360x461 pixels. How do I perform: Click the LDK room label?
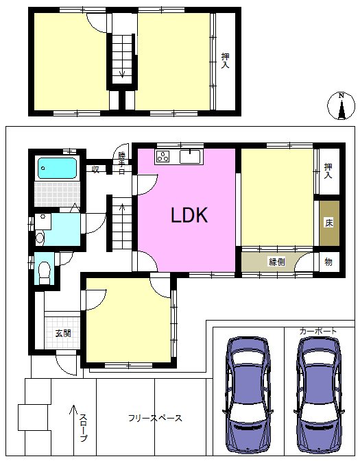pos(189,215)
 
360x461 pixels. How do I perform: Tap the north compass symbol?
pos(341,106)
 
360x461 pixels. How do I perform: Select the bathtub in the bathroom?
pos(57,169)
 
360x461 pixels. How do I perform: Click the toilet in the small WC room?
pos(45,272)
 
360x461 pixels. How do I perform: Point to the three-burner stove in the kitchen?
pos(163,156)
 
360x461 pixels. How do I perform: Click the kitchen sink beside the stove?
pos(190,156)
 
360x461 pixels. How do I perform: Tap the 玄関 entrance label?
pos(63,334)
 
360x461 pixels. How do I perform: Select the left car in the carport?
pos(248,395)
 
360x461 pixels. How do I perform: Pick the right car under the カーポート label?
pos(319,395)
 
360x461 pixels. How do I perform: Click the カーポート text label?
pos(318,332)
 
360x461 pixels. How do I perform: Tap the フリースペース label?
pos(155,418)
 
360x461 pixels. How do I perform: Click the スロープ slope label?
pos(84,427)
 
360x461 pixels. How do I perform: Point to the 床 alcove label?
pos(329,223)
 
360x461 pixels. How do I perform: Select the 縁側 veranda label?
pos(277,262)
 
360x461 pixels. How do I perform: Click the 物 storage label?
pos(328,262)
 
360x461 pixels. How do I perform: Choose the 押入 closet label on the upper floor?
pos(225,60)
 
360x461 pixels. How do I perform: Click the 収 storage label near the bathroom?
pos(96,170)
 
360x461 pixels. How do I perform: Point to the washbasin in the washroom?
pos(43,221)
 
